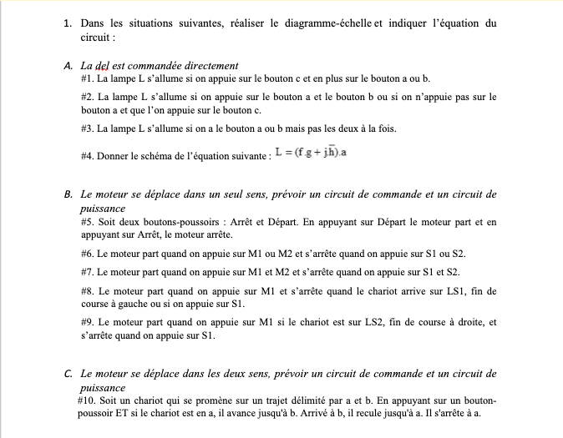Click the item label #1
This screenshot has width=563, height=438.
(87, 78)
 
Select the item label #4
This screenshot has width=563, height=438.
(87, 155)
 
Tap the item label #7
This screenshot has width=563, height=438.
(87, 272)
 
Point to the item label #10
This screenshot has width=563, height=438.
(89, 400)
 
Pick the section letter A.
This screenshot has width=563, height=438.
(67, 65)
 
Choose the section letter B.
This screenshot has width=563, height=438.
(67, 194)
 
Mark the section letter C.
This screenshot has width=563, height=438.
(67, 374)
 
